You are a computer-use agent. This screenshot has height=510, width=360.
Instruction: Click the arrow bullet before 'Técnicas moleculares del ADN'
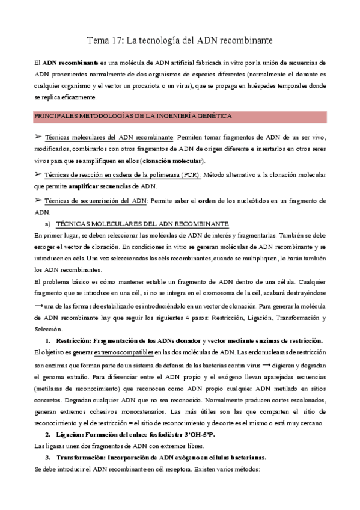click(x=38, y=137)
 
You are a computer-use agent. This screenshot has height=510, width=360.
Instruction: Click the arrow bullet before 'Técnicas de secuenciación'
click(x=38, y=200)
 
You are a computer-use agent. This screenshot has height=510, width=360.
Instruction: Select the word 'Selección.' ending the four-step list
click(x=48, y=329)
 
